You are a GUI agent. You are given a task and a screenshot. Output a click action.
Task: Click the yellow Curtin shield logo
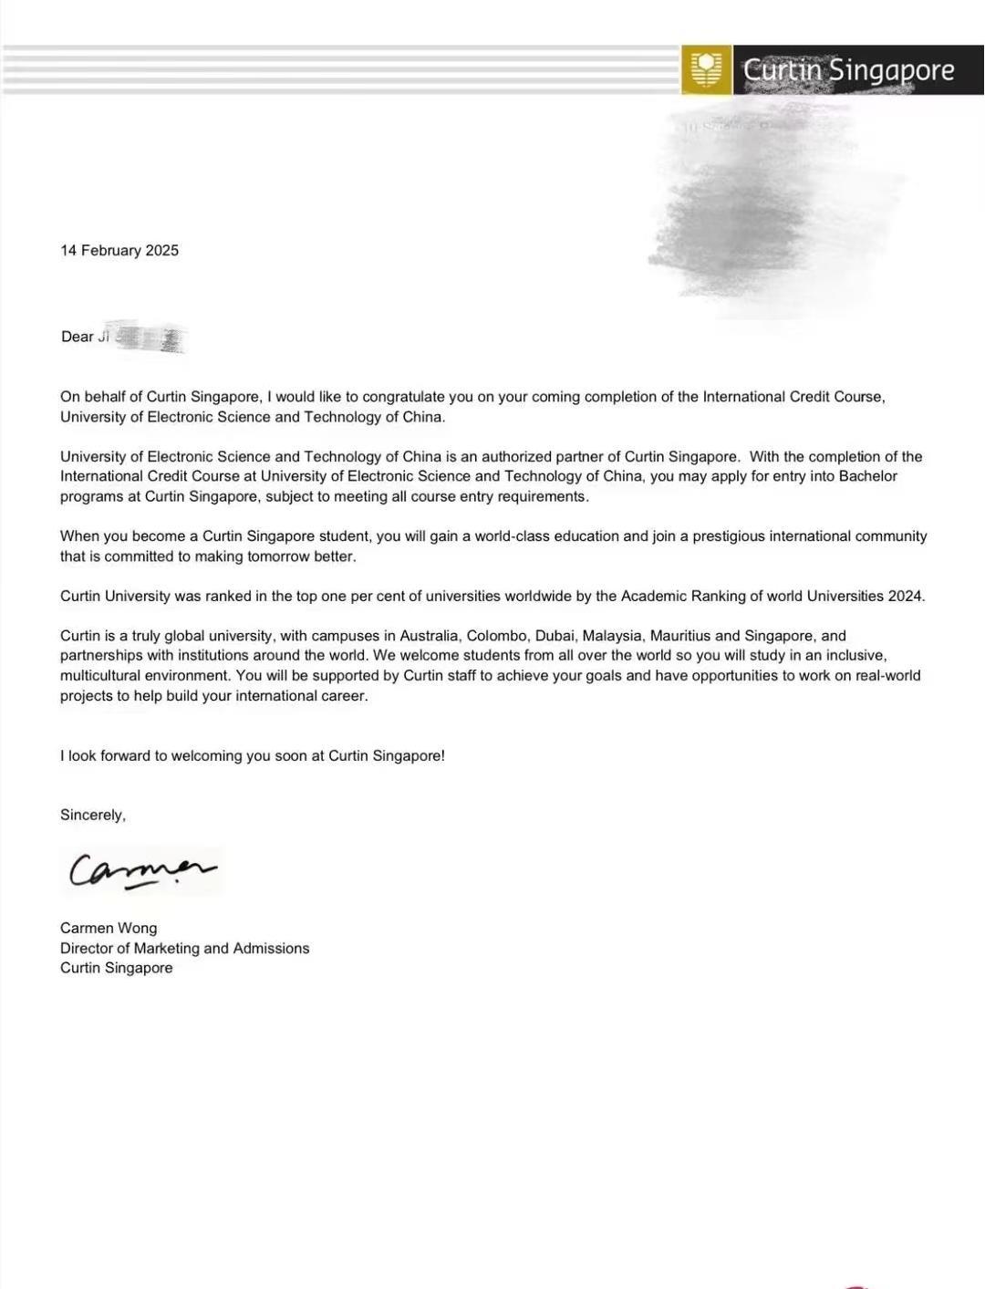706,69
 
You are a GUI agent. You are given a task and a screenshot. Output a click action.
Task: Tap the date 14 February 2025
119,251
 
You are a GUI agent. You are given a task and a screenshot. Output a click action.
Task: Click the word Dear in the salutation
77,337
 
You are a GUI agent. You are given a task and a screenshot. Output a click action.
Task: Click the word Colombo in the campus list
497,636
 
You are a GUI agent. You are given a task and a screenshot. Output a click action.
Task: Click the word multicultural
100,676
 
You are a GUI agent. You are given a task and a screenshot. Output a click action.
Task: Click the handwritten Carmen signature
141,871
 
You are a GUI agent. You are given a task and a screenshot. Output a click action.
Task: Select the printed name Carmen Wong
109,929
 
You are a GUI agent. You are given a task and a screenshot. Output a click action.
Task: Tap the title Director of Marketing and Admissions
184,949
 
